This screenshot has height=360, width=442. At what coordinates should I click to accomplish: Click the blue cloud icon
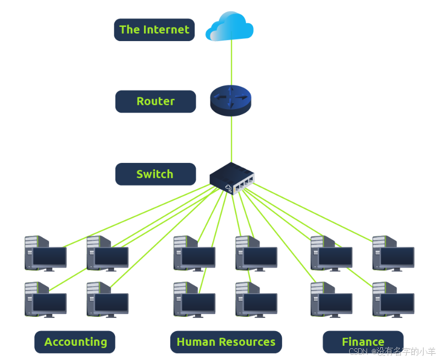(229, 27)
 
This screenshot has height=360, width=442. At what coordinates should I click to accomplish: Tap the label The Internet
(154, 30)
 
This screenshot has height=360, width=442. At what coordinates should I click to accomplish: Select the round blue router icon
(230, 101)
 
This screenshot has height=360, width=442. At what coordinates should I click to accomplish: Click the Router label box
(155, 101)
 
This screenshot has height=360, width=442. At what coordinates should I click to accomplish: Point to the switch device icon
(232, 178)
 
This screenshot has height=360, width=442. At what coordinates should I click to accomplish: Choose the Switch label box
(155, 174)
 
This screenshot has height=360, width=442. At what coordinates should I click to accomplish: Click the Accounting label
(75, 342)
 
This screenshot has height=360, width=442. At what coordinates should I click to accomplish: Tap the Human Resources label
(226, 342)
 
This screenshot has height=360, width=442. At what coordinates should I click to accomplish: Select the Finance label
(363, 342)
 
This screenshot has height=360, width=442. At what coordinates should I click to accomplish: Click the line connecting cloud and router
(231, 63)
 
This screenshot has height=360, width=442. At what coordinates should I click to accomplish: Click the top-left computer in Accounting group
(46, 254)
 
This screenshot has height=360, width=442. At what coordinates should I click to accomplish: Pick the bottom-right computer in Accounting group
(108, 300)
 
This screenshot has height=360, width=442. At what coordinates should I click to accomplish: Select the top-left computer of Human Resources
(195, 254)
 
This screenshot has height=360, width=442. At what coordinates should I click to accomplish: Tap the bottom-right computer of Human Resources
(256, 300)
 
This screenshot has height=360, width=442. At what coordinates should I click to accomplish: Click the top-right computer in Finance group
(393, 254)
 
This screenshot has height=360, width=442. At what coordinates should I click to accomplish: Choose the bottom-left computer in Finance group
(331, 300)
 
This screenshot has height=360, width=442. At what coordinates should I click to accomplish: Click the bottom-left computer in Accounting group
(46, 300)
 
